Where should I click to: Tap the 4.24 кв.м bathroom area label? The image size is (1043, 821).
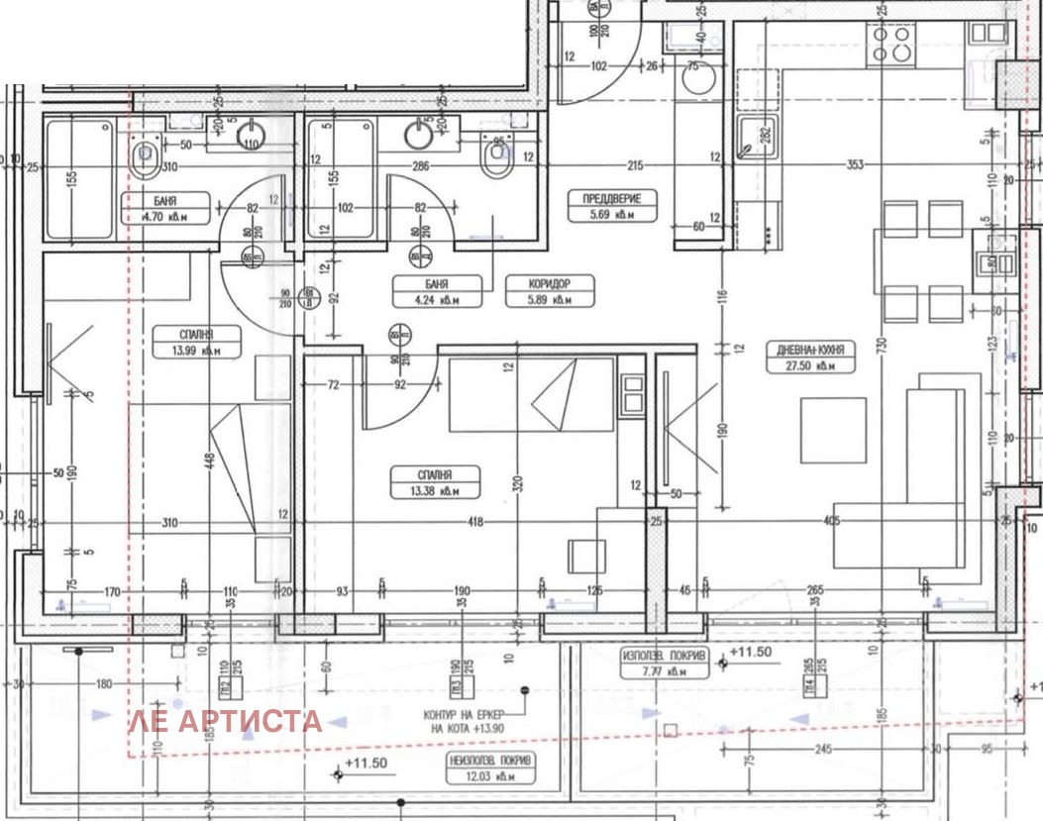[425, 290]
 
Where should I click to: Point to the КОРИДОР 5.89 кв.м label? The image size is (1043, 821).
[536, 290]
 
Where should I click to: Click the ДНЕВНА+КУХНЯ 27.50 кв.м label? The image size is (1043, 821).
[809, 358]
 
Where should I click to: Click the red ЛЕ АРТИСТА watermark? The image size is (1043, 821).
[225, 721]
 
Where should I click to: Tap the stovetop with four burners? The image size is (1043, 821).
[890, 44]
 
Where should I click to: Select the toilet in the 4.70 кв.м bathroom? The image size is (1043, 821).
[147, 154]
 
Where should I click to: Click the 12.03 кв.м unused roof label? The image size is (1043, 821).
[487, 768]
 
